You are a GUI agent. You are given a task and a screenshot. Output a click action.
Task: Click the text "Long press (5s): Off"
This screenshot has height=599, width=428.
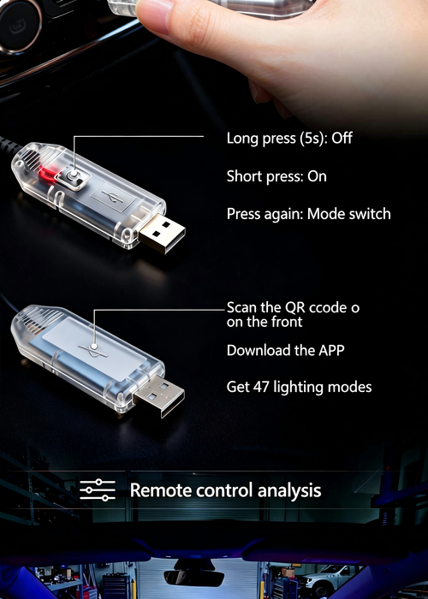coord(289,139)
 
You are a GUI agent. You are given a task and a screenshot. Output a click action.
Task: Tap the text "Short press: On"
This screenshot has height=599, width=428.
coord(276,176)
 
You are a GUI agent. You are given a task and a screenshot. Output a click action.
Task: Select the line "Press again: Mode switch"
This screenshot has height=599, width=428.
coord(309,214)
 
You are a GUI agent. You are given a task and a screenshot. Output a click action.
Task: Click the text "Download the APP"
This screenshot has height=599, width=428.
coord(285,350)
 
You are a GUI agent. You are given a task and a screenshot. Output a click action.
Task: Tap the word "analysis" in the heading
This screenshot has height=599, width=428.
coord(289,491)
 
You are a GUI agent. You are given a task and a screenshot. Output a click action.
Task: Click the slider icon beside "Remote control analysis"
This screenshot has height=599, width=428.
coord(98,490)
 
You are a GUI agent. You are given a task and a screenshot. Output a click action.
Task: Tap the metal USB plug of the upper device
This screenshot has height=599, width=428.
coord(162,233)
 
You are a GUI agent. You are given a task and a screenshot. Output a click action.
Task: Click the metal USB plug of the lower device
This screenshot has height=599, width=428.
coord(159,394)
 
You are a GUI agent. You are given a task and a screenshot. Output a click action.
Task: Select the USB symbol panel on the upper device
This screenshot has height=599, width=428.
coord(113,197)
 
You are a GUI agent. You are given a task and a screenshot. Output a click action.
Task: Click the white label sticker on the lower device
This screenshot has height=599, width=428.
coord(93,348)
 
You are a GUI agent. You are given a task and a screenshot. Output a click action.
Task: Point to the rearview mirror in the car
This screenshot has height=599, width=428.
coord(193,578)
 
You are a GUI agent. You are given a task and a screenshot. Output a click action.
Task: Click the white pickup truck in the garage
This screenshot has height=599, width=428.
coord(329,579)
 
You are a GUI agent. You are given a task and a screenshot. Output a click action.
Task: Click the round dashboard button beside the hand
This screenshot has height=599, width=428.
coord(20,27)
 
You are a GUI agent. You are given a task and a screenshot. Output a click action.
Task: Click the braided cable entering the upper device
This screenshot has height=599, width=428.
coord(9,146)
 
